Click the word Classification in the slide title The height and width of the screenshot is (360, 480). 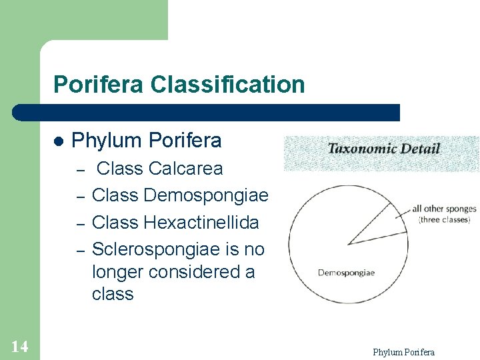tap(228, 85)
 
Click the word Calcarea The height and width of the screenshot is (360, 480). tap(186, 168)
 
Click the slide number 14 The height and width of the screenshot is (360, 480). tap(19, 346)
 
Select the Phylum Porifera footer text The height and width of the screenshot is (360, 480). tap(403, 352)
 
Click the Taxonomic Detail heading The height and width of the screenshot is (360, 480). tap(383, 148)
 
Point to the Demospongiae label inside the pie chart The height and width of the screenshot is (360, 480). tap(346, 272)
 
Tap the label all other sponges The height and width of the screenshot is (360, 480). tap(444, 209)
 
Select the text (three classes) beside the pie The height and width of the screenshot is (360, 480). tap(444, 219)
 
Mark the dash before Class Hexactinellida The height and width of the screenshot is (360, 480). tap(79, 223)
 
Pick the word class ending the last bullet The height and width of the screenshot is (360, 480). tap(113, 294)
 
